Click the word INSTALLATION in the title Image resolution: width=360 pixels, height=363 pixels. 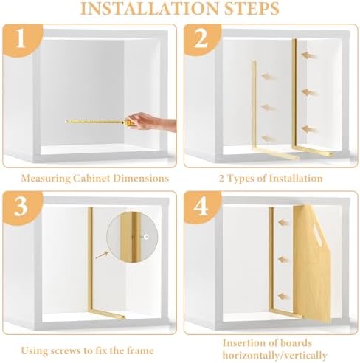pos(149,8)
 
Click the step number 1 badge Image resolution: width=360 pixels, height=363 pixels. pos(21,39)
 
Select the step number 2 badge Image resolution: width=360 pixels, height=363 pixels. pos(201,39)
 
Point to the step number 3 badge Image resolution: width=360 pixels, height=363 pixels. pos(21,207)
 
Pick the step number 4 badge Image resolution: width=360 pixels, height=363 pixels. pos(201,207)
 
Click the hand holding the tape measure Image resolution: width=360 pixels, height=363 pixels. pos(152,121)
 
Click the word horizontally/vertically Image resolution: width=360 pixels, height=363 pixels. pos(274,355)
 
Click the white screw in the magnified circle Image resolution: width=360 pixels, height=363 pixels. pos(146,237)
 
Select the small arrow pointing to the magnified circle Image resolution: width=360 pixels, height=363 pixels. pos(102,255)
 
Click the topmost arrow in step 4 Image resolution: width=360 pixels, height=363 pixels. pos(284,223)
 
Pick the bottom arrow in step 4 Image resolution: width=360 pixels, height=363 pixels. pos(284,297)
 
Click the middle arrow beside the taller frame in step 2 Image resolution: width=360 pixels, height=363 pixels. pos(309,92)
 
